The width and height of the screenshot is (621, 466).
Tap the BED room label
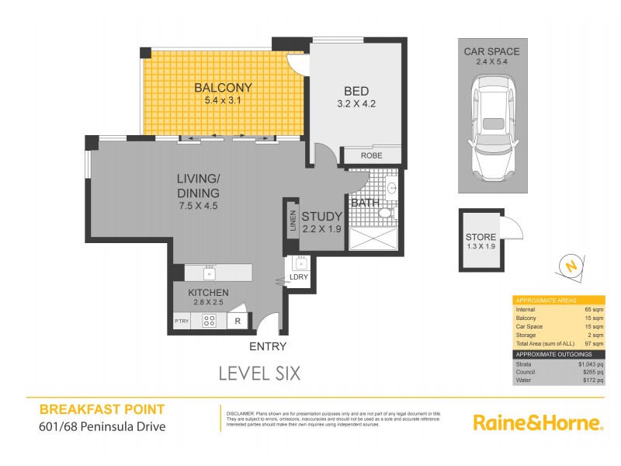[356, 90]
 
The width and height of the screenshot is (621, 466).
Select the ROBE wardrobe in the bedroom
[371, 155]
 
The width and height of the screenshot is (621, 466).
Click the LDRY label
[298, 277]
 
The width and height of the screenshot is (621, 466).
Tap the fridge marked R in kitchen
[238, 320]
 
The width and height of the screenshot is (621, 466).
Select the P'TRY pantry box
[182, 320]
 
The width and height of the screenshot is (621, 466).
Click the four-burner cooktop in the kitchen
[210, 320]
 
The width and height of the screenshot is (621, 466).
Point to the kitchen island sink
[209, 273]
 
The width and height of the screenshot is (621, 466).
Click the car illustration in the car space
[491, 128]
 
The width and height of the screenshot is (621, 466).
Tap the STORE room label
[480, 237]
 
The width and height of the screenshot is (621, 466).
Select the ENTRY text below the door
[268, 346]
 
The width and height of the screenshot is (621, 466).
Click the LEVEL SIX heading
[258, 373]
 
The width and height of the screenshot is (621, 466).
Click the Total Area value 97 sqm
[592, 343]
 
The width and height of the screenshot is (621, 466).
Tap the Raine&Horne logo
[538, 423]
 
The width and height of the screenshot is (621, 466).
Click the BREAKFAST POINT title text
[101, 409]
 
